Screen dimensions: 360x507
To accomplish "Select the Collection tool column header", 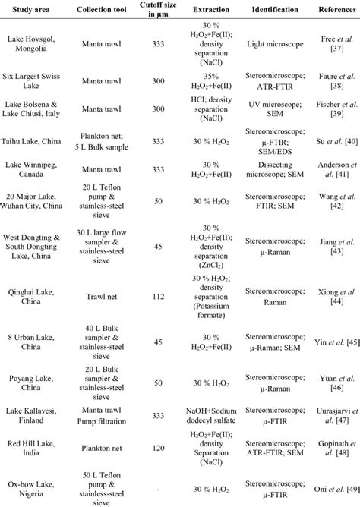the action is point(100,17).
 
